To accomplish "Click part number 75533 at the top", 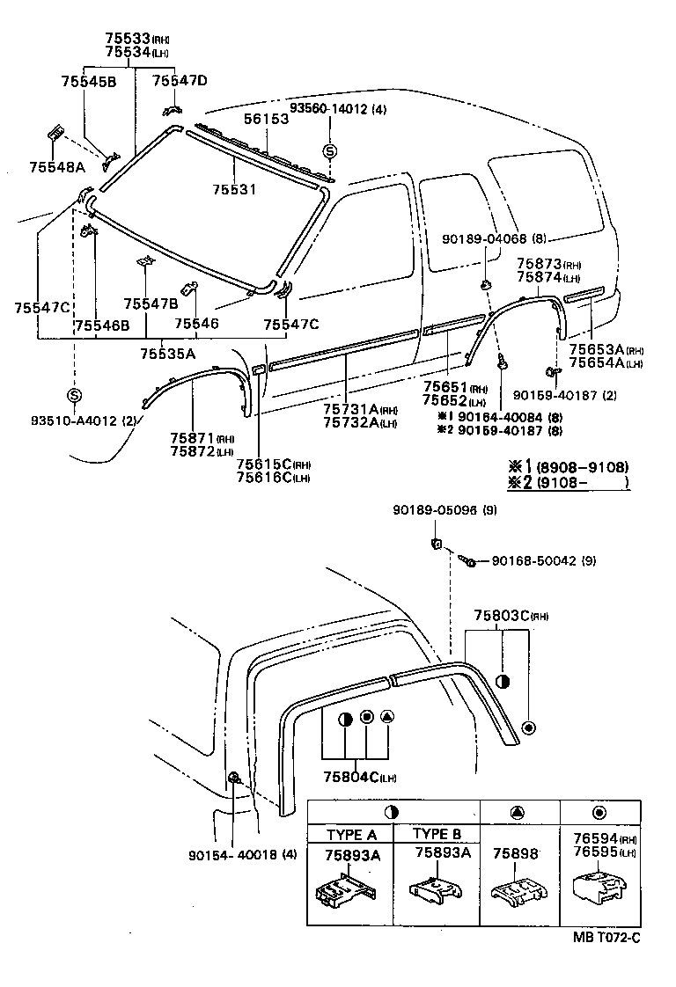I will tap(127, 39).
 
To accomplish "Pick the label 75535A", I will tap(166, 354).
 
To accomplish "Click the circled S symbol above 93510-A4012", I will tap(75, 395).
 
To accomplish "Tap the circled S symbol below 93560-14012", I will tap(329, 151).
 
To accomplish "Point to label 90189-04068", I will tap(484, 238).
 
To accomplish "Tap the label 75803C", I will tap(503, 615).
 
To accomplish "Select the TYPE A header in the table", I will tap(351, 834).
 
